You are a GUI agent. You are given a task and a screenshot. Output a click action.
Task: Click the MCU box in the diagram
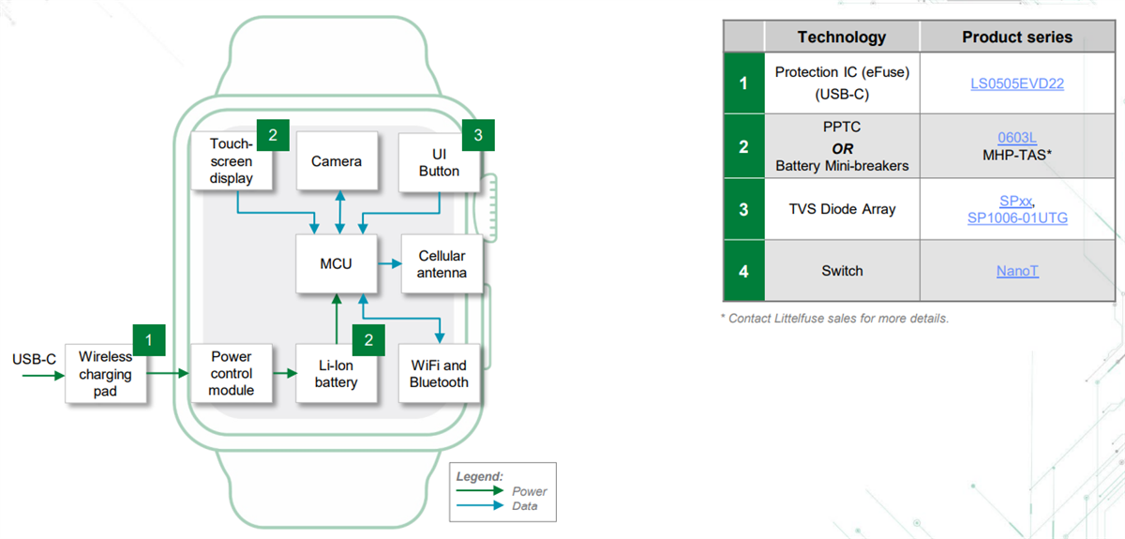[x=336, y=264]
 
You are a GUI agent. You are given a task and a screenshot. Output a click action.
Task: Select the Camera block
[x=336, y=162]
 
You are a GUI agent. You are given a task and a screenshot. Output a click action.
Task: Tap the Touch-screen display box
[x=231, y=161]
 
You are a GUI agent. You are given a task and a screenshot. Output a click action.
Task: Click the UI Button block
[x=439, y=162]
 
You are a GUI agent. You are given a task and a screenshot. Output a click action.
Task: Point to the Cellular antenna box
[x=441, y=264]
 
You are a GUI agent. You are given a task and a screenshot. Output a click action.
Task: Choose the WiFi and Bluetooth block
[x=439, y=373]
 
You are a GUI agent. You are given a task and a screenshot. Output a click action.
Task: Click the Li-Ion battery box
[x=336, y=373]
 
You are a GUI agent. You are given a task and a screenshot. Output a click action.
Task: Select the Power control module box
[x=231, y=373]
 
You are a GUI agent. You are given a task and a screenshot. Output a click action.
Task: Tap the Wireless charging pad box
[x=106, y=373]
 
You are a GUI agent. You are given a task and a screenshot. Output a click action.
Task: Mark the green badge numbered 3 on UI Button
[x=478, y=135]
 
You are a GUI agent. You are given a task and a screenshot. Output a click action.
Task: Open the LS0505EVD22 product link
[x=1017, y=83]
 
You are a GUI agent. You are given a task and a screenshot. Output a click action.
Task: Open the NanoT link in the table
[x=1017, y=271]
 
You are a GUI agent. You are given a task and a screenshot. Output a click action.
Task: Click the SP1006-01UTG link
[x=1017, y=218]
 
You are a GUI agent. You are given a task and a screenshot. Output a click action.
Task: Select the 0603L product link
[x=1017, y=138]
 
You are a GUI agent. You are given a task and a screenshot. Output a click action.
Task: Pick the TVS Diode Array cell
[x=841, y=209]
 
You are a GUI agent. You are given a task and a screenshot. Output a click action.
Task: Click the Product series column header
[x=1017, y=37]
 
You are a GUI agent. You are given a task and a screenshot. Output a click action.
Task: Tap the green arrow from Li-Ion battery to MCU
[x=336, y=319]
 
